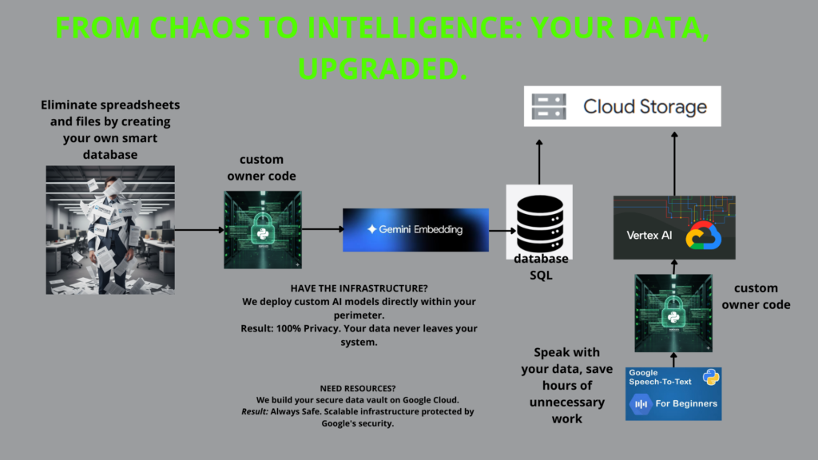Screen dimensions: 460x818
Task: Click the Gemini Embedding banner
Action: [x=415, y=230]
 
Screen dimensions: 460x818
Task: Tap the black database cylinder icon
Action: [x=539, y=219]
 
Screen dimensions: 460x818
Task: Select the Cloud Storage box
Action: [x=622, y=106]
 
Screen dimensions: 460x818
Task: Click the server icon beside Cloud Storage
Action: [x=549, y=106]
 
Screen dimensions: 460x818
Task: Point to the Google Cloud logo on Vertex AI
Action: [x=703, y=236]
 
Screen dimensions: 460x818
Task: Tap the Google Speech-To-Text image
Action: [x=673, y=394]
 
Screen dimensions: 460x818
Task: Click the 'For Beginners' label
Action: [x=685, y=403]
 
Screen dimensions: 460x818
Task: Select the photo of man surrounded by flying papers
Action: [x=110, y=230]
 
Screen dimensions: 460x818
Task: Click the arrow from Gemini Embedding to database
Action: [x=502, y=230]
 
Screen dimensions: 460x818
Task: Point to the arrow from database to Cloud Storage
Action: [x=539, y=161]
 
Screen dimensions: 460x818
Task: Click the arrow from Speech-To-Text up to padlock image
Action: [x=673, y=359]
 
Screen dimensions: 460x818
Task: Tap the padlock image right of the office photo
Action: [x=262, y=229]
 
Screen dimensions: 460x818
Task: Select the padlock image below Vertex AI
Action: [x=673, y=312]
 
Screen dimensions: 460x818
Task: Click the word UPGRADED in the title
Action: [x=382, y=69]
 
